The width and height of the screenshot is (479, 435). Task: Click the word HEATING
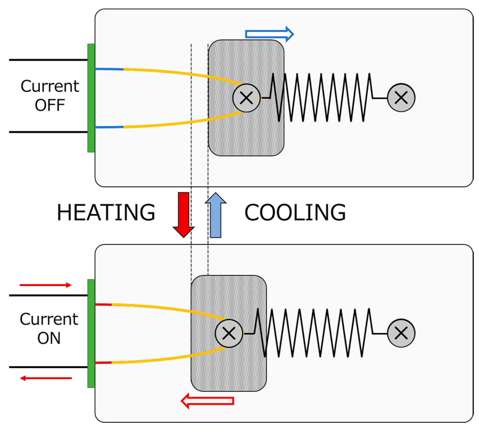point(106,212)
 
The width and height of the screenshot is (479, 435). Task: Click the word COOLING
point(295,212)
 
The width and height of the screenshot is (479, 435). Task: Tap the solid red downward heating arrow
point(184,214)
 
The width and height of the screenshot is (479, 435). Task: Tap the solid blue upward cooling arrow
point(215,215)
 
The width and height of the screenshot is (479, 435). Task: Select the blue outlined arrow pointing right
point(269,34)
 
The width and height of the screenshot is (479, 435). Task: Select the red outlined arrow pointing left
point(207,401)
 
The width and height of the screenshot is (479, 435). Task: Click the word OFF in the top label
point(50,105)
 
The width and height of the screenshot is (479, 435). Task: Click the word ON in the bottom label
point(49,338)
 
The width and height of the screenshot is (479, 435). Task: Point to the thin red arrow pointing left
point(46,378)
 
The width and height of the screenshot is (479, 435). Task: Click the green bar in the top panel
point(91,98)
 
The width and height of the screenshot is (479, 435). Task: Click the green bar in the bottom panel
point(91,333)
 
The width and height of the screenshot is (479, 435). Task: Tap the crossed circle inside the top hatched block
point(246,98)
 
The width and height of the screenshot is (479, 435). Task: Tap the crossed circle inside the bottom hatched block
point(229,333)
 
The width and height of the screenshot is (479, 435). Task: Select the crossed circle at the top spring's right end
point(401,98)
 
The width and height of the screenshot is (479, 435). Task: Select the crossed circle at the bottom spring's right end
point(401,333)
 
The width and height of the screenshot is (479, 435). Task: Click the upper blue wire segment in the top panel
point(109,69)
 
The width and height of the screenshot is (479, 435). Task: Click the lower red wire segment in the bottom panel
point(103,363)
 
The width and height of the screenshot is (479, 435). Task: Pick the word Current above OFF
point(50,86)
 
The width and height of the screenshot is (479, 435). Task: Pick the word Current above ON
point(49,319)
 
